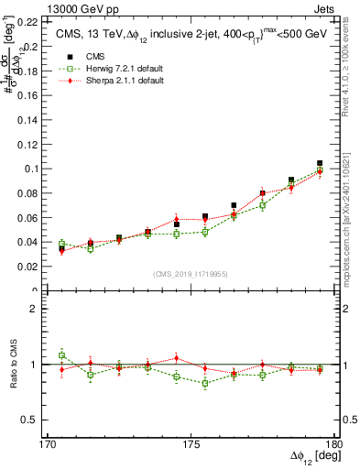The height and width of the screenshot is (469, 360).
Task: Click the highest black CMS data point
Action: [320, 163]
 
